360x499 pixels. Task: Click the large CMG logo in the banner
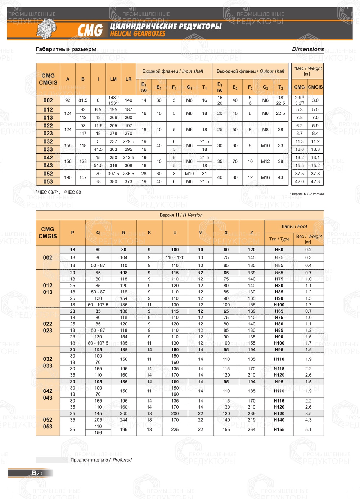coord(90,30)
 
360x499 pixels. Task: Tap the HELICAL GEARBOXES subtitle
coord(138,34)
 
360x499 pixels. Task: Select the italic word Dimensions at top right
coord(308,49)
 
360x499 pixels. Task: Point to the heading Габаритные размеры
coord(66,49)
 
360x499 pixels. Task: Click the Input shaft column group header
coord(173,71)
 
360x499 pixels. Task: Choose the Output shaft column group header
coord(250,71)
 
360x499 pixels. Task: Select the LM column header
coord(113,79)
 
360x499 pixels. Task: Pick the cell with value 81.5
coord(83,100)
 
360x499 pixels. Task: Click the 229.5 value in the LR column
coord(129,141)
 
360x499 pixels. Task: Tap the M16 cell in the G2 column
coord(265,177)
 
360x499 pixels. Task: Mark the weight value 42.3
coord(315,181)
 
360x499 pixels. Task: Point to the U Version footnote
coord(307,194)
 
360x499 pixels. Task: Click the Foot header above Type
coord(294,226)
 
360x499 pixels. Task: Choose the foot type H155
coord(279,430)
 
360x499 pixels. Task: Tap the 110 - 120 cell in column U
coord(175,257)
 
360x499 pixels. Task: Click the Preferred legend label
coord(101,460)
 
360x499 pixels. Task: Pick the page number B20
coord(37,473)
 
